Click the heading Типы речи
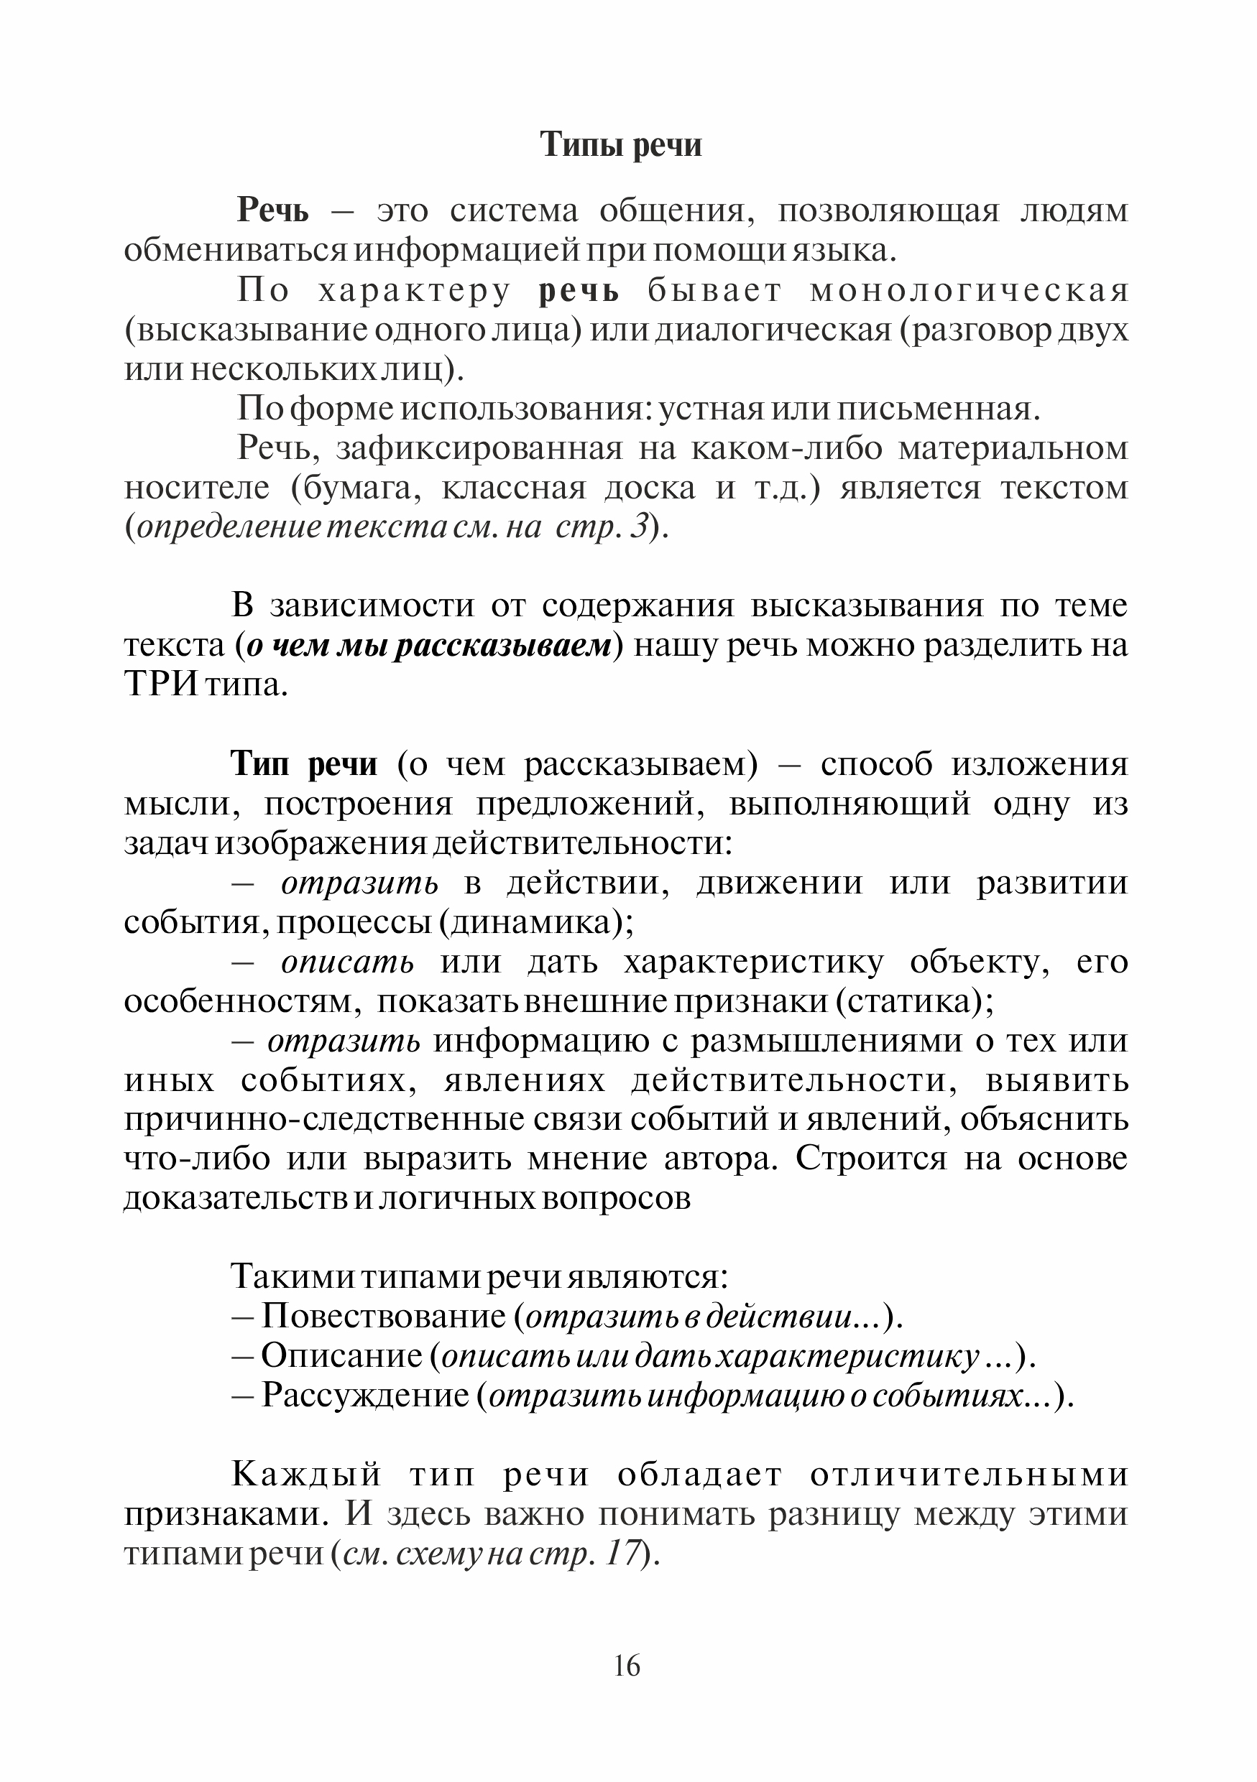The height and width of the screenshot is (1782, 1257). [620, 145]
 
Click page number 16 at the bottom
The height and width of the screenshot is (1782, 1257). [627, 1666]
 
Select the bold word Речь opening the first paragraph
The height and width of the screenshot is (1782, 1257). [272, 211]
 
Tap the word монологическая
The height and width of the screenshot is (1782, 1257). [969, 291]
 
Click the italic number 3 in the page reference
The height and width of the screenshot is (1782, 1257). [639, 529]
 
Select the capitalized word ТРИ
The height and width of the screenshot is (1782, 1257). [160, 686]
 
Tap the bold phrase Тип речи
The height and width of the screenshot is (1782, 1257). [304, 764]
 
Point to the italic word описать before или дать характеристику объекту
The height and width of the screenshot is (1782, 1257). [347, 962]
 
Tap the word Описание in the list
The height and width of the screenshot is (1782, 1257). [341, 1356]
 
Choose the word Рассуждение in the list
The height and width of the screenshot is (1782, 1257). [365, 1396]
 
